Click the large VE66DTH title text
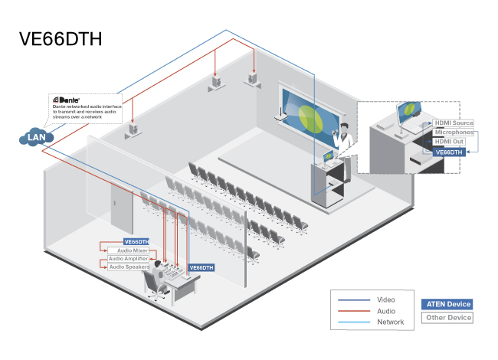tap(61, 39)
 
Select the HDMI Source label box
tap(454, 123)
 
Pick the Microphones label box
tap(454, 133)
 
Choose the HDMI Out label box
tap(449, 142)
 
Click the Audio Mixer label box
tap(127, 250)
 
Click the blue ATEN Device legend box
tap(447, 304)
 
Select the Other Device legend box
tap(447, 317)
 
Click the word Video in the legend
tap(386, 299)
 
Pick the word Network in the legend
tap(390, 322)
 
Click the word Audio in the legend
tap(386, 311)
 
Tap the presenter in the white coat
tap(346, 139)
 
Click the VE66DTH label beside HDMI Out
tap(449, 152)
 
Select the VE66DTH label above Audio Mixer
tap(136, 241)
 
